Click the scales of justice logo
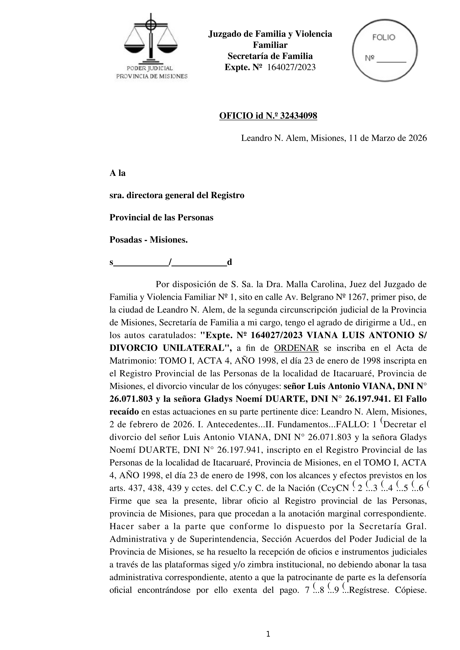point(151,40)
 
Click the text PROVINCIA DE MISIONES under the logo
point(152,76)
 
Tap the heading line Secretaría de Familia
point(270,56)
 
